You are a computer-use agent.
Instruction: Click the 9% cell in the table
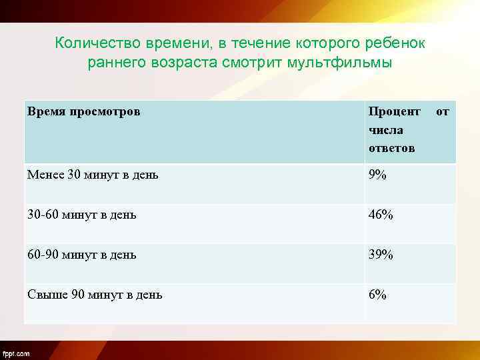pos(377,175)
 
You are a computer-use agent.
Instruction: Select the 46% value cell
pos(381,215)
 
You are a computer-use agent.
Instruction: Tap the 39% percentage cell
pos(381,255)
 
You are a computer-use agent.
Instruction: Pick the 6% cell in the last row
pos(377,295)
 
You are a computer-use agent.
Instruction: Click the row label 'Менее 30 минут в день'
pos(93,175)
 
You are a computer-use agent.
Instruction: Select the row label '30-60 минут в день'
pos(82,215)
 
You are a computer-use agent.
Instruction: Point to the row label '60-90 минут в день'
pos(82,255)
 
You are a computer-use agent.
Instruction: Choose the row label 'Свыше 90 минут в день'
pos(95,295)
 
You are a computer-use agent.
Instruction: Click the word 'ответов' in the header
pos(391,148)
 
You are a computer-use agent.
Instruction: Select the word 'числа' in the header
pos(386,130)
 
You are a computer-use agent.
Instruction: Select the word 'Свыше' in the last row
pos(43,295)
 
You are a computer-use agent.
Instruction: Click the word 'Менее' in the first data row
pos(45,175)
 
